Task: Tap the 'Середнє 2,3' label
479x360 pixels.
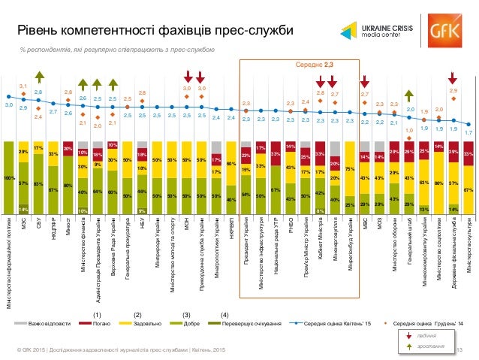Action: [x=320, y=65]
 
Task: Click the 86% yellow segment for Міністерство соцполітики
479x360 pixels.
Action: [x=439, y=183]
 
